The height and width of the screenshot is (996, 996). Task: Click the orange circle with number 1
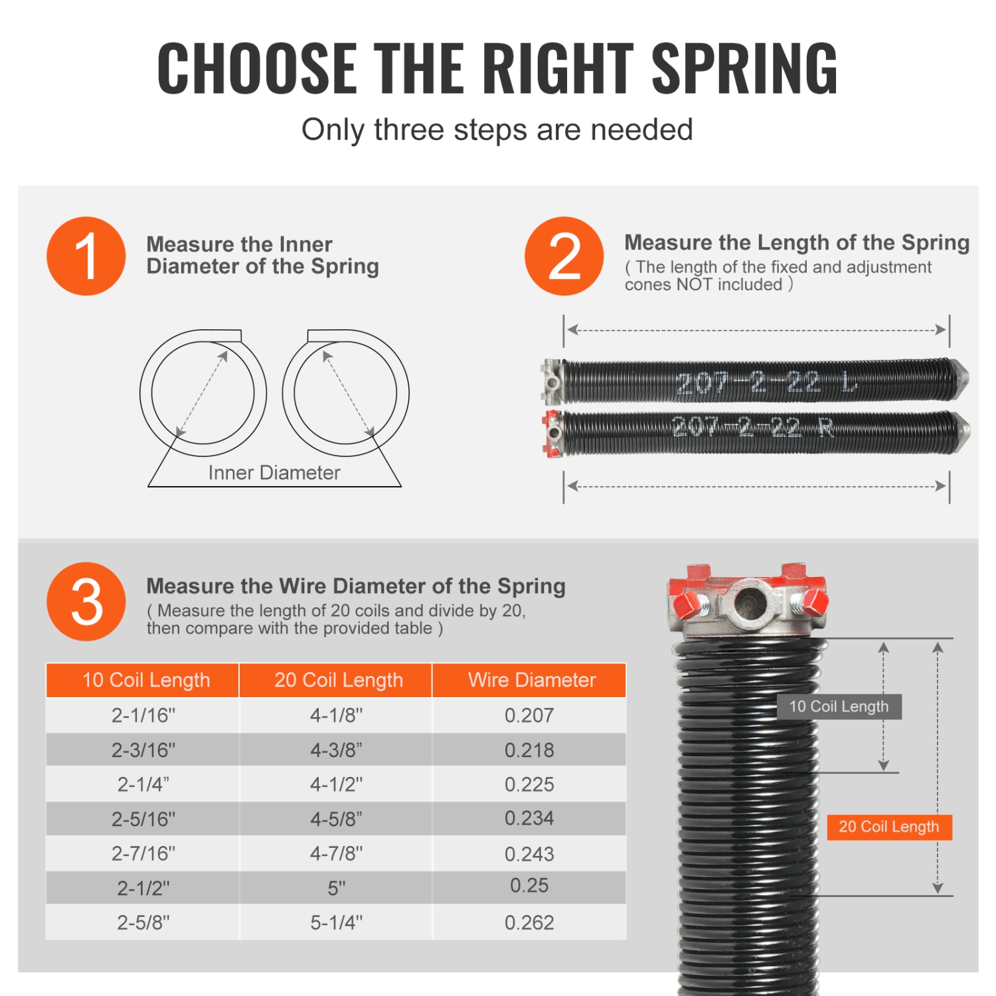coord(86,256)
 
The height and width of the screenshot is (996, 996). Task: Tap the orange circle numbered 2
coord(564,256)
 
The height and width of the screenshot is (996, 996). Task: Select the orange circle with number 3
coord(86,602)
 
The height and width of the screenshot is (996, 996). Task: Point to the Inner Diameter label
coord(274,473)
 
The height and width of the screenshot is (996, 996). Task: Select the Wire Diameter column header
coord(531,680)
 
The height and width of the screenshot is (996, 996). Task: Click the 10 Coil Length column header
coord(146,680)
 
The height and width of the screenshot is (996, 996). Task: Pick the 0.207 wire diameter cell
coord(529,715)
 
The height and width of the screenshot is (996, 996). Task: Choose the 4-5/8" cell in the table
coord(337,819)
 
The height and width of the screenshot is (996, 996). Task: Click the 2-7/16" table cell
coord(143,853)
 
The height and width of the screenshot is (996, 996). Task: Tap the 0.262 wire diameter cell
coord(529,922)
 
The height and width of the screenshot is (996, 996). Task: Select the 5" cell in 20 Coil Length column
coord(337,888)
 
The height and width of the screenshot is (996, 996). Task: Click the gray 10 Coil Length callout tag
coord(839,706)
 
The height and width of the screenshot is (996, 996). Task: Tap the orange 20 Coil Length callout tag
coord(889,827)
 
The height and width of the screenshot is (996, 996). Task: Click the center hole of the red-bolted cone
coord(751,603)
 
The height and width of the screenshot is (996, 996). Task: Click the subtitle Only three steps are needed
coord(497,130)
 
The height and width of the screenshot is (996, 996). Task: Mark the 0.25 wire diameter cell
coord(529,886)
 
